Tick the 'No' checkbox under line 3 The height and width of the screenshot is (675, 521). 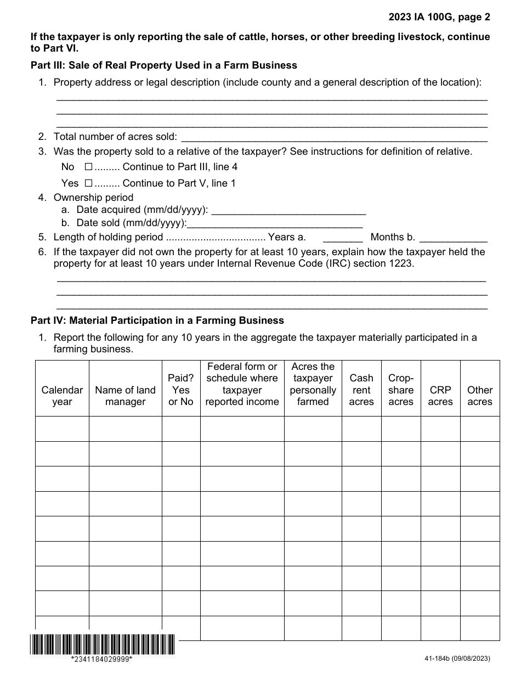[x=88, y=167]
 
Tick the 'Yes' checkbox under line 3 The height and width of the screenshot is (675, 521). [x=88, y=183]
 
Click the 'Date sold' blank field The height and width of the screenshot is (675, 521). [x=275, y=223]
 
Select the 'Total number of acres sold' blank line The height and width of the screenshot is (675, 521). [x=333, y=137]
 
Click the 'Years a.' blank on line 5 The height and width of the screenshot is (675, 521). [x=343, y=238]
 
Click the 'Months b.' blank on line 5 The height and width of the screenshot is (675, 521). [x=453, y=238]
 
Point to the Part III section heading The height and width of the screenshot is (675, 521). [x=164, y=65]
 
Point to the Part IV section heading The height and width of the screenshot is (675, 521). [x=157, y=320]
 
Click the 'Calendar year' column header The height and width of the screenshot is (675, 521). [x=62, y=396]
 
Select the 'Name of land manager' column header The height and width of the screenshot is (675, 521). [x=125, y=396]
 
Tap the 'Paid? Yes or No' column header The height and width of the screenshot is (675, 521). [x=181, y=390]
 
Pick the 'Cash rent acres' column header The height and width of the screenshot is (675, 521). [x=361, y=390]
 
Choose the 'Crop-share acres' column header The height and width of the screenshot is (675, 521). [x=401, y=390]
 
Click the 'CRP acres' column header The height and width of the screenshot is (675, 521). [x=440, y=396]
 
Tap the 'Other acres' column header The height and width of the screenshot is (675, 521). [x=480, y=396]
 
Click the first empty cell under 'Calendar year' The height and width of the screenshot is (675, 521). [x=62, y=429]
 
